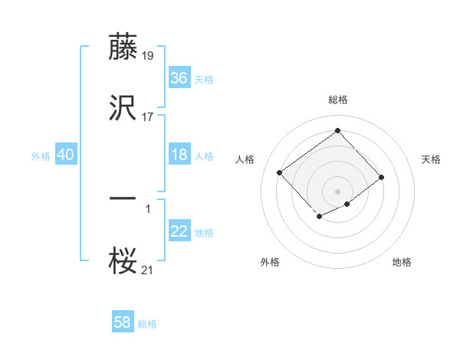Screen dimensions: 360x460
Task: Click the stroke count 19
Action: click(148, 55)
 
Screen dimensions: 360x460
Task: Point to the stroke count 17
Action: click(148, 117)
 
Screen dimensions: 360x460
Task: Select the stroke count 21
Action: click(148, 269)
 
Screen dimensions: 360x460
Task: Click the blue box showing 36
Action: click(179, 77)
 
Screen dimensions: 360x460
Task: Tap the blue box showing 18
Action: click(179, 155)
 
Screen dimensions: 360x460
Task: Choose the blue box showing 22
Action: click(179, 231)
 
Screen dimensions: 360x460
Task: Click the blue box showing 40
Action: click(66, 155)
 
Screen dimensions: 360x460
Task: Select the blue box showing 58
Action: click(123, 322)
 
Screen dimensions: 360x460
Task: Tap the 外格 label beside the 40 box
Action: click(41, 156)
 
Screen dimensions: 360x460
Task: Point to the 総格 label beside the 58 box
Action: click(147, 324)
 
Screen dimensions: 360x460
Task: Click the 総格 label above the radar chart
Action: click(337, 100)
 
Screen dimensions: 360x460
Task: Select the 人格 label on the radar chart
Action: click(245, 159)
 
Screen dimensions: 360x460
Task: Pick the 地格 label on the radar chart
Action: click(402, 262)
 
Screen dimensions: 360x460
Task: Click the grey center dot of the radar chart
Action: click(337, 191)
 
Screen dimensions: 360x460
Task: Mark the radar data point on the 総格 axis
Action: click(337, 130)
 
